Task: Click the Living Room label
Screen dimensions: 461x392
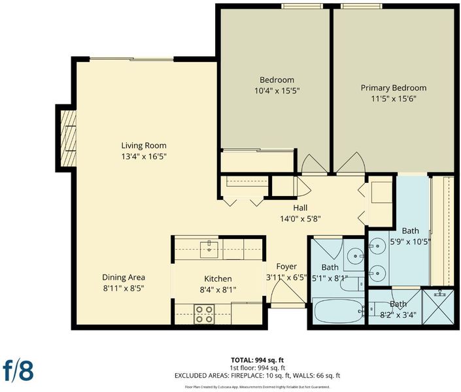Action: coord(144,146)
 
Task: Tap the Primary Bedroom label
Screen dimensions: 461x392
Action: coord(394,88)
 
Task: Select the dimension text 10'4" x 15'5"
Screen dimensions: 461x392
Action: coord(277,91)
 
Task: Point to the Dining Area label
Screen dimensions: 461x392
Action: coord(124,277)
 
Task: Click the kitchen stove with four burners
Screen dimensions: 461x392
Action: coord(204,314)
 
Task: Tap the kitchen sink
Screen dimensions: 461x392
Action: coord(209,250)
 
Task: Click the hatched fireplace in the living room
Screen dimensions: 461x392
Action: coord(69,138)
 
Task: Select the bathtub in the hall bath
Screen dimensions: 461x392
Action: coord(339,311)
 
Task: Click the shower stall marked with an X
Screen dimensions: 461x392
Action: coord(438,307)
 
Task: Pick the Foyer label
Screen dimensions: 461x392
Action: coord(286,267)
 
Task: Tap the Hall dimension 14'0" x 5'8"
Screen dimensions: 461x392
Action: coord(300,219)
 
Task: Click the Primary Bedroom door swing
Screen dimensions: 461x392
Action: coord(350,163)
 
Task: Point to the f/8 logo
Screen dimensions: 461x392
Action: coord(18,371)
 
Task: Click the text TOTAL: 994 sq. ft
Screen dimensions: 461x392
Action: coord(258,360)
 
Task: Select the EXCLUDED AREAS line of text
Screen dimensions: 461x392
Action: coord(257,375)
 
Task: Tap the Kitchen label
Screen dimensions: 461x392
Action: coord(218,278)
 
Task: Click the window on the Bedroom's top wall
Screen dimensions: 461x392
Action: coord(302,6)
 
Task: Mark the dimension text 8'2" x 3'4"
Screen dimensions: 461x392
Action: coord(398,315)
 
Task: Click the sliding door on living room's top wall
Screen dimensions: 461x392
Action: coord(131,59)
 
